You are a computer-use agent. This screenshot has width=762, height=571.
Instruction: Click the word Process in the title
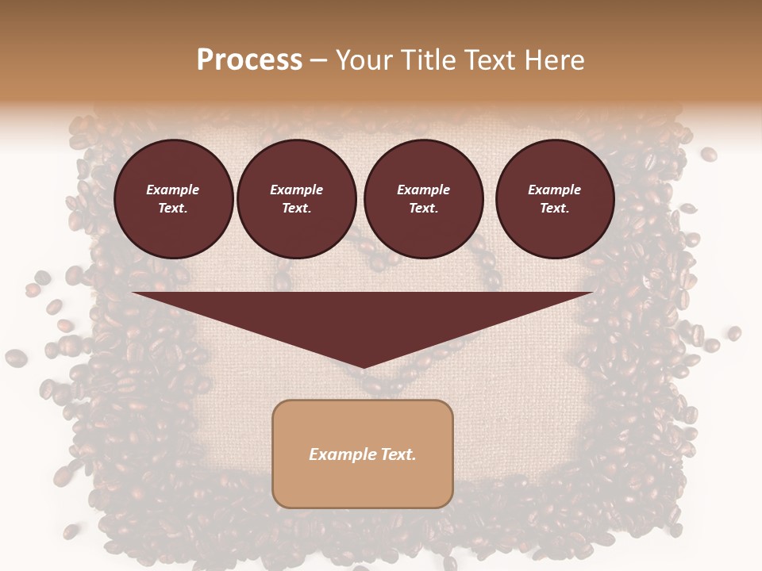pyautogui.click(x=249, y=60)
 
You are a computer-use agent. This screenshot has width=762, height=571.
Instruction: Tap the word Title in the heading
pyautogui.click(x=425, y=60)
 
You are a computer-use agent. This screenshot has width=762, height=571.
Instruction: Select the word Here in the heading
pyautogui.click(x=553, y=60)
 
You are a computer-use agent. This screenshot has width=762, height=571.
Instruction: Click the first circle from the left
pyautogui.click(x=173, y=199)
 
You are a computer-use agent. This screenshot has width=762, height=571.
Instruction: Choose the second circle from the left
pyautogui.click(x=296, y=199)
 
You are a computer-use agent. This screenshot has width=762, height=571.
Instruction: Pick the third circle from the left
pyautogui.click(x=423, y=199)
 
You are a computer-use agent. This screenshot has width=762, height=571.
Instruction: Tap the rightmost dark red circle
pyautogui.click(x=554, y=199)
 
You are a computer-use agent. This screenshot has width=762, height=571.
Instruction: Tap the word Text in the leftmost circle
pyautogui.click(x=172, y=209)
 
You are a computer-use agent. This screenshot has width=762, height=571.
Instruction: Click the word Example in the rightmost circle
pyautogui.click(x=554, y=190)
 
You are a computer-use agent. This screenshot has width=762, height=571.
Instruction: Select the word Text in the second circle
pyautogui.click(x=296, y=209)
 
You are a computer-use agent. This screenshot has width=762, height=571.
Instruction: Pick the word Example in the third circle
pyautogui.click(x=423, y=190)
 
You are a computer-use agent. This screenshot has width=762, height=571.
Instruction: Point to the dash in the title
pyautogui.click(x=318, y=61)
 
